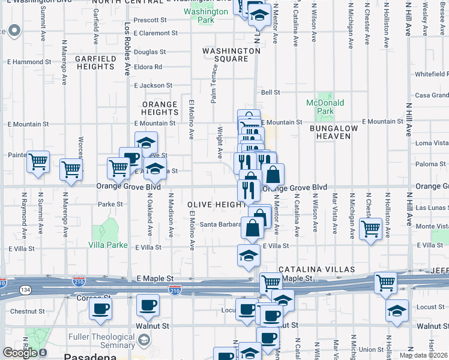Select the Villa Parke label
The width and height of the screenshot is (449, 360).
(107, 245)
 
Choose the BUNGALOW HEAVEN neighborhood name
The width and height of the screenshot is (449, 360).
(334, 133)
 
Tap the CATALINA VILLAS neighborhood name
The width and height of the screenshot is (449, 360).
(316, 269)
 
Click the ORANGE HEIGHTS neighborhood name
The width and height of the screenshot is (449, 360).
(160, 109)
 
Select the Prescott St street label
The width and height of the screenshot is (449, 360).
(150, 20)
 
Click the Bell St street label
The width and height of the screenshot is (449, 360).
(271, 92)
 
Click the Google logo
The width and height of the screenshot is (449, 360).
(19, 353)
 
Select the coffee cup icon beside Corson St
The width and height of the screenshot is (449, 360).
(100, 309)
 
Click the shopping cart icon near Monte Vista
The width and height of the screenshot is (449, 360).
(370, 228)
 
